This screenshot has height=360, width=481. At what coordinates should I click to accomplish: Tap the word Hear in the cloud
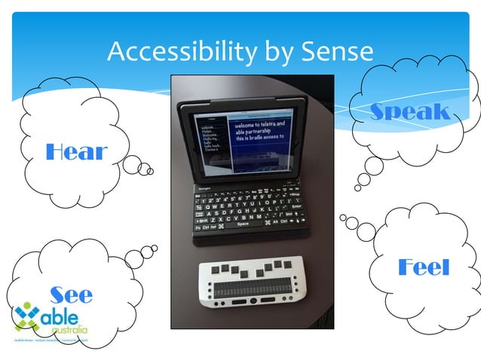(76, 152)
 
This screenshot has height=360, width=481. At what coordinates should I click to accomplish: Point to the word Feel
(423, 267)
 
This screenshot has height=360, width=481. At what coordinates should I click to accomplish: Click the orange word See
(71, 294)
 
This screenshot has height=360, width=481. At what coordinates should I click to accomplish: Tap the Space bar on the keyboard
(243, 224)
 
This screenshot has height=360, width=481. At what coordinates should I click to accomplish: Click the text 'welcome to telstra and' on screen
(259, 123)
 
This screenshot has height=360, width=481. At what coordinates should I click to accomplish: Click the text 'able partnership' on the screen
(255, 130)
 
